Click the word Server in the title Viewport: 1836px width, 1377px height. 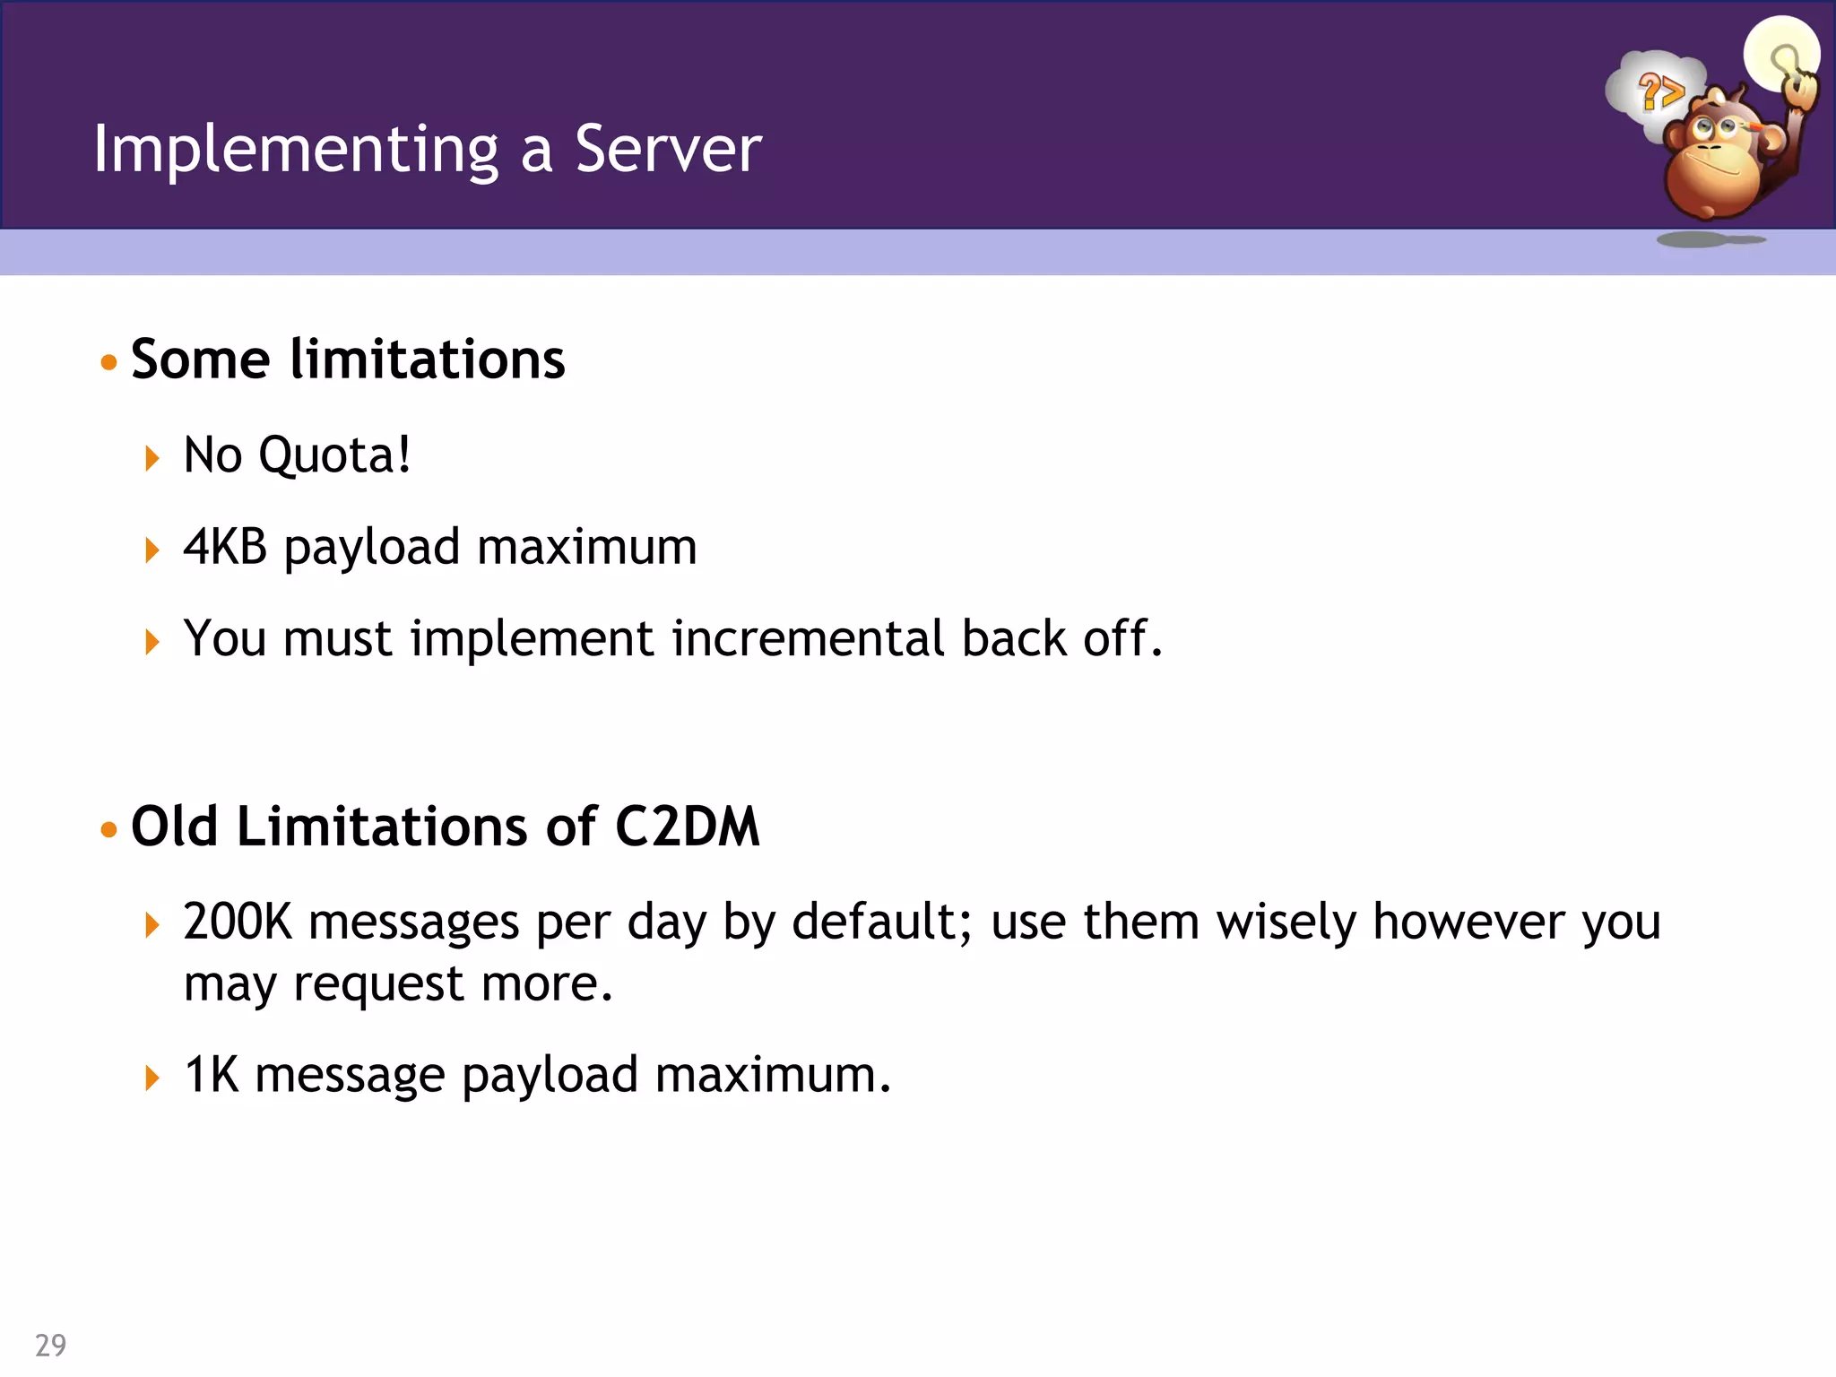[x=668, y=150]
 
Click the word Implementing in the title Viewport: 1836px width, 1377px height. [x=296, y=150]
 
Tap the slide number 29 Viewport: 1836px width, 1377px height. [x=50, y=1345]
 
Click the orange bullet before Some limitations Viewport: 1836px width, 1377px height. [x=109, y=362]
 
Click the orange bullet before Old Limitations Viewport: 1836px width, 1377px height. [x=109, y=829]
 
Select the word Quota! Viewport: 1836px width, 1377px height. [x=334, y=455]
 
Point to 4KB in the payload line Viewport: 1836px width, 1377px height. [x=225, y=547]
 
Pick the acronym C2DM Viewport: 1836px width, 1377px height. [x=687, y=827]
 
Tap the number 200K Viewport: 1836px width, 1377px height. [x=238, y=922]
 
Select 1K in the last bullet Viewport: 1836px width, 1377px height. [x=212, y=1075]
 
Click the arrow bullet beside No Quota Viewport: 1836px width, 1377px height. [x=152, y=458]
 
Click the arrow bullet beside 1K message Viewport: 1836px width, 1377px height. [x=152, y=1078]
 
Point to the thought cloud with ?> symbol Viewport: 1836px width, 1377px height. [x=1655, y=90]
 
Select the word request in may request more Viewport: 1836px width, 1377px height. [x=378, y=984]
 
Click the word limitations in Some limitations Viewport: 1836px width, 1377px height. [x=428, y=359]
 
